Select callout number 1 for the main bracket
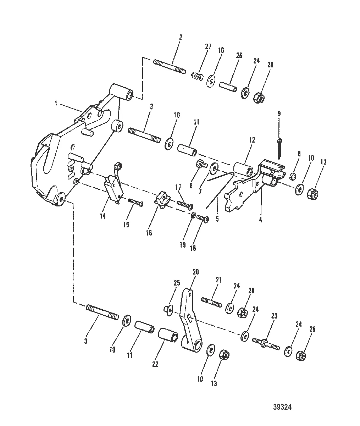56,103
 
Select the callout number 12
252,140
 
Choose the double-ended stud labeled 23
266,343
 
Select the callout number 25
177,283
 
